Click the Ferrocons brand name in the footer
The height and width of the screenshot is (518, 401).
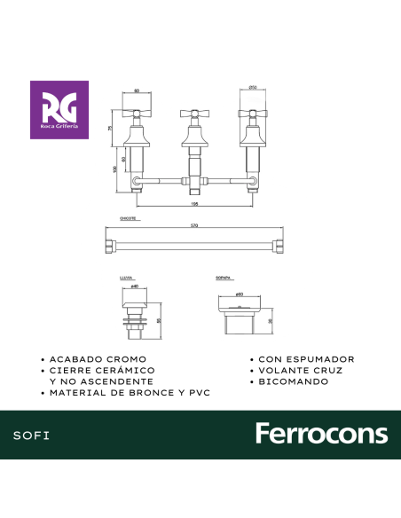point(321,434)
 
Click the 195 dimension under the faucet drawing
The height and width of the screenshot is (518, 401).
point(194,204)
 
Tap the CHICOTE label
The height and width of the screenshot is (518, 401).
point(128,218)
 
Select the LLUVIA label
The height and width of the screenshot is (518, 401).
point(126,279)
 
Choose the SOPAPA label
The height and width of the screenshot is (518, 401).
point(224,279)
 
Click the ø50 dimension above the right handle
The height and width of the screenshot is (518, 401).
point(253,88)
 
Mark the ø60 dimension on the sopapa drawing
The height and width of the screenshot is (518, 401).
point(239,294)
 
